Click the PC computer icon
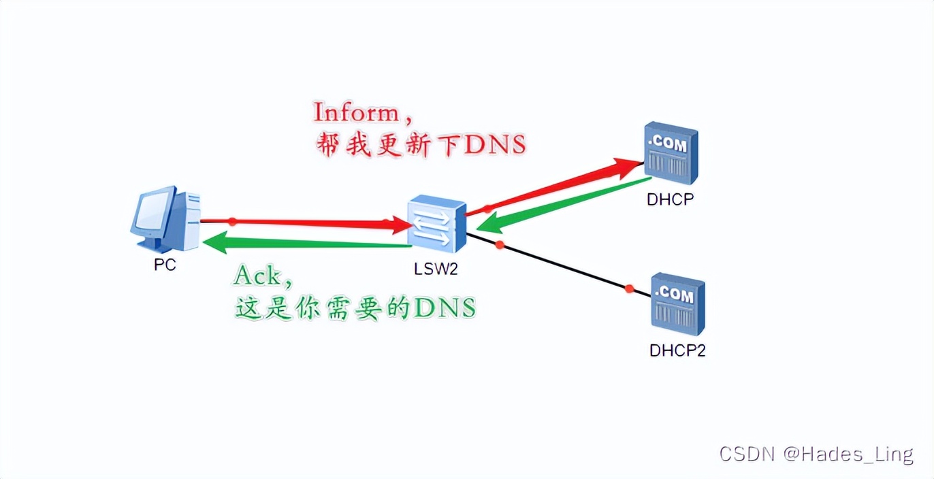pyautogui.click(x=166, y=219)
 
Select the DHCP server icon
pyautogui.click(x=671, y=153)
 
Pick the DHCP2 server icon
pyautogui.click(x=677, y=304)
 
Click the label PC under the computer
pyautogui.click(x=165, y=265)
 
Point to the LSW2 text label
pyautogui.click(x=436, y=269)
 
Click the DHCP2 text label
pyautogui.click(x=677, y=350)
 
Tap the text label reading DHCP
pyautogui.click(x=671, y=199)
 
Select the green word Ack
pyautogui.click(x=257, y=276)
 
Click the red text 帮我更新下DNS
pyautogui.click(x=421, y=144)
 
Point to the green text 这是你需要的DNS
pyautogui.click(x=355, y=308)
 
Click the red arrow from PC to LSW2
pyautogui.click(x=306, y=222)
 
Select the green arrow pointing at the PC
pyautogui.click(x=306, y=242)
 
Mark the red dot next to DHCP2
pyautogui.click(x=629, y=289)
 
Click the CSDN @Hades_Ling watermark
pyautogui.click(x=816, y=454)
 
